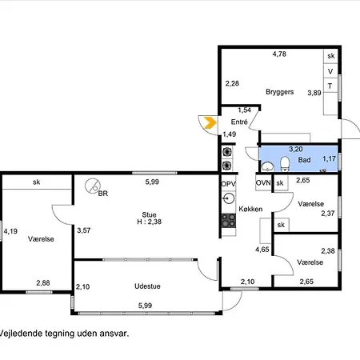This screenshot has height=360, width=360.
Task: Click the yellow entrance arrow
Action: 210,122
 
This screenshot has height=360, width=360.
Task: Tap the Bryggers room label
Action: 280,92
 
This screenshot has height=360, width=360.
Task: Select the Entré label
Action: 239,122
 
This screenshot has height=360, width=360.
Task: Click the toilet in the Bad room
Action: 285,164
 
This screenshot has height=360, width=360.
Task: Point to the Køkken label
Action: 250,209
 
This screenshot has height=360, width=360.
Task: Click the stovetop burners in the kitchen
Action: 229,221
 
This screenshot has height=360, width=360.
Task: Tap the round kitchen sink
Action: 228,198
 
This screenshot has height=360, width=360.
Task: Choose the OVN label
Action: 263,183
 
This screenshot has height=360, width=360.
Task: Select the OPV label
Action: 229,184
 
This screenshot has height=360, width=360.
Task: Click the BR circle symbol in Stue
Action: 93,186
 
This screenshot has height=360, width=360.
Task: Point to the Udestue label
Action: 147,286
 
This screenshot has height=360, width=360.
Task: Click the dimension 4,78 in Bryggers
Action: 279,54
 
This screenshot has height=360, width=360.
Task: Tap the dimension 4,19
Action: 10,231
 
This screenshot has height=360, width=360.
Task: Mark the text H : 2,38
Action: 150,222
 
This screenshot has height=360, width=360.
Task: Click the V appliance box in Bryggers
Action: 330,71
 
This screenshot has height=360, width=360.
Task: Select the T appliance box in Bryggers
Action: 330,86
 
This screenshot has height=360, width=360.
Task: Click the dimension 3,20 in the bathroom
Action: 296,149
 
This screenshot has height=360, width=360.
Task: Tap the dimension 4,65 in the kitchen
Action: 262,250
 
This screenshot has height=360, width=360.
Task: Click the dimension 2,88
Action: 43,283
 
